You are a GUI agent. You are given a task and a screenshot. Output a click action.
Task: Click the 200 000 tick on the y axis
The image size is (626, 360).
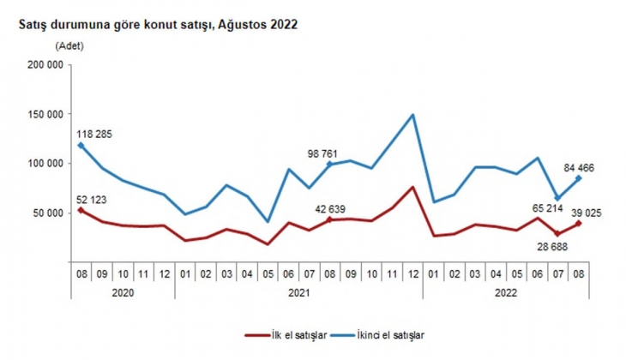click(x=44, y=65)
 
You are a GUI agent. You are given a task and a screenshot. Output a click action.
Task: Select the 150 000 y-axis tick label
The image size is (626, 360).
click(x=44, y=114)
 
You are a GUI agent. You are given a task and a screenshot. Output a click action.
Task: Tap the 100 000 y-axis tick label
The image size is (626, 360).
click(x=44, y=164)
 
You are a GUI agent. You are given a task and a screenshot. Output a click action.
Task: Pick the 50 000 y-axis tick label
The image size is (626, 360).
click(x=46, y=213)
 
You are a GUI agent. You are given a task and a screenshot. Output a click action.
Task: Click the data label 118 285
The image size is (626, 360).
click(x=93, y=134)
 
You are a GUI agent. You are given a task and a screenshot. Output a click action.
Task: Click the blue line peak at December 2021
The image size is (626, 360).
click(x=413, y=115)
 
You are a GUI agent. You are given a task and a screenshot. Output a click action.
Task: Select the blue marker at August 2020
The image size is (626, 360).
click(x=81, y=146)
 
